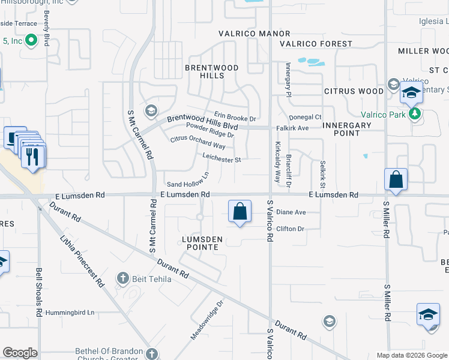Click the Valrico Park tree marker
pos(414,113)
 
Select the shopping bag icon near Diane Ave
pos(240,212)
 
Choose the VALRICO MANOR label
pos(254,34)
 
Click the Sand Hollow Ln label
pos(187,180)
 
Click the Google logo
pos(20,353)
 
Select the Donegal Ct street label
pos(305,117)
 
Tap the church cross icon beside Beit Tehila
pos(122,278)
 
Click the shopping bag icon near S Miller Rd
pos(396,179)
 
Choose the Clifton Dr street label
pos(291,229)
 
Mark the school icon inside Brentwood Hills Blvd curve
pos(150,111)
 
